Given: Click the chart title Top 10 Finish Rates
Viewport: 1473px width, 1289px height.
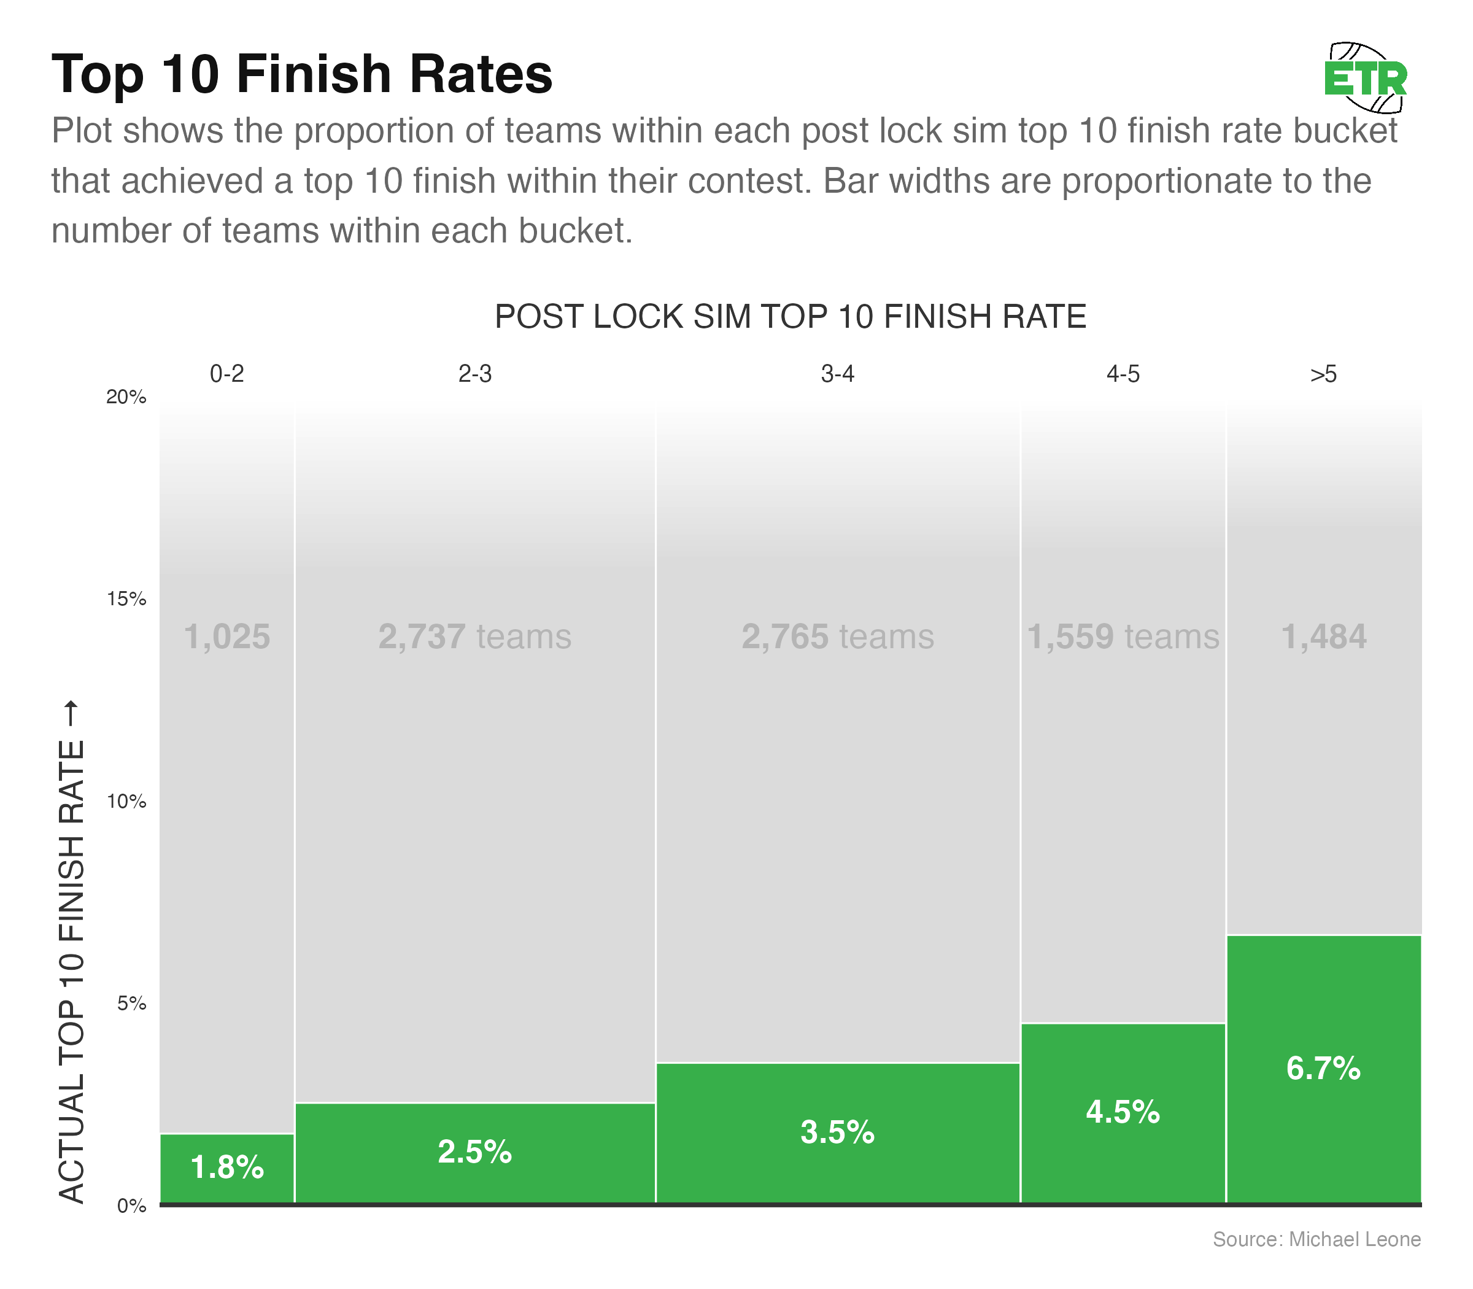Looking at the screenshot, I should point(302,74).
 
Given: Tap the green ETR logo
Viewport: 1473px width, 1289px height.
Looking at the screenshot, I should point(1365,79).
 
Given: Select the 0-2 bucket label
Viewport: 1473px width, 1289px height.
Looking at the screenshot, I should point(227,374).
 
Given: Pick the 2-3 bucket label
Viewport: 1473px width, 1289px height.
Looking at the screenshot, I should point(474,374).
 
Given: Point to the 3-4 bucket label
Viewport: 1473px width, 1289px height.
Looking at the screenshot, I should point(838,374).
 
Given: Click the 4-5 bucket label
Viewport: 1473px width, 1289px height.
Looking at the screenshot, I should point(1123,374).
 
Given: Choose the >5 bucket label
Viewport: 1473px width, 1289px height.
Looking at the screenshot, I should point(1323,374).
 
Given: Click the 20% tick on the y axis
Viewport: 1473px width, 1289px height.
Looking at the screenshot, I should point(126,397).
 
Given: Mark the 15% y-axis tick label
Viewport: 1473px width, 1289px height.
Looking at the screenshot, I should point(126,599).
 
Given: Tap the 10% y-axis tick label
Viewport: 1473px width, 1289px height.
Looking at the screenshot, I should point(126,801).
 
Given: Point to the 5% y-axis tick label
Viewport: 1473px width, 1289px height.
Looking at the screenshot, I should point(131,1004).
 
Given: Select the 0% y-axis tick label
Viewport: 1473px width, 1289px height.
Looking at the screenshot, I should point(131,1206).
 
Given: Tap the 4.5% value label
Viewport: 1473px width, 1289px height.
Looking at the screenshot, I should point(1123,1113).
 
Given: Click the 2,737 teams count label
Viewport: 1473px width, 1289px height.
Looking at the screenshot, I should point(474,637).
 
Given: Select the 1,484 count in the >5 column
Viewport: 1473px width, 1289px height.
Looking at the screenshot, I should point(1323,637).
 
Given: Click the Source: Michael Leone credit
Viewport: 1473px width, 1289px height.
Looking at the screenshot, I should point(1316,1239).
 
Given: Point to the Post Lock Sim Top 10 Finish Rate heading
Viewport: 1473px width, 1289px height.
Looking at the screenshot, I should point(791,317).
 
